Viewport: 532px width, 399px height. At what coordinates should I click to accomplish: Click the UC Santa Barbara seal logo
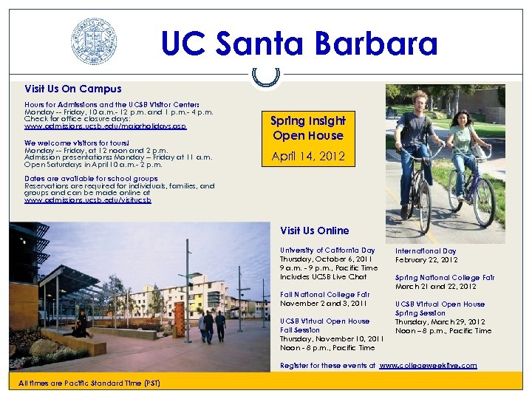(x=94, y=41)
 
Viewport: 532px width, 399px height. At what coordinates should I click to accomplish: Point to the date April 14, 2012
(x=307, y=157)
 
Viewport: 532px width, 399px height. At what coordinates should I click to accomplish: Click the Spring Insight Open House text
(x=307, y=128)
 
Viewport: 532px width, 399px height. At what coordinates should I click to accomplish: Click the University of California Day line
(x=327, y=250)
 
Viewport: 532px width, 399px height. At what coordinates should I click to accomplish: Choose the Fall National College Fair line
(x=324, y=294)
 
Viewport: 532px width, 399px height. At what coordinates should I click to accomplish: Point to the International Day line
(x=426, y=251)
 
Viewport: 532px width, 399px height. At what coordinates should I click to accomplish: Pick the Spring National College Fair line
(x=444, y=278)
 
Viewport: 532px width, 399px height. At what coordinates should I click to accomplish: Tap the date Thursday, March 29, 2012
(x=440, y=322)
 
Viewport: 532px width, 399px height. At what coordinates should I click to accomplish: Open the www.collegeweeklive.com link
(x=428, y=365)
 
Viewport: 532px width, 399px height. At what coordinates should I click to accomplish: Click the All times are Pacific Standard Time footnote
(x=86, y=382)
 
